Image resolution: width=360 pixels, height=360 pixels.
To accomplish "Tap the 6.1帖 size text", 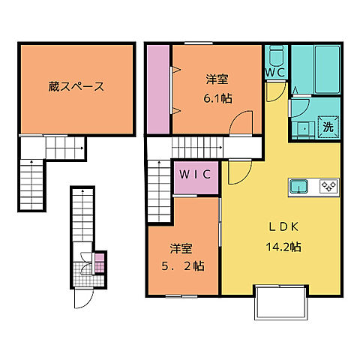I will [x=217, y=99].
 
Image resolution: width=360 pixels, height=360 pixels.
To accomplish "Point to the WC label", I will [x=274, y=73].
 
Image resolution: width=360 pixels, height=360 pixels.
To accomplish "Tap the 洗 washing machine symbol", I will [x=328, y=127].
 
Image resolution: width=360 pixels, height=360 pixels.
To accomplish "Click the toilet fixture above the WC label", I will [x=275, y=55].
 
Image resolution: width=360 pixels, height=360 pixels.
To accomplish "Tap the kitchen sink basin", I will [x=298, y=187].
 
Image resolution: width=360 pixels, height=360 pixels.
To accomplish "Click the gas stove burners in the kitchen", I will [x=328, y=187].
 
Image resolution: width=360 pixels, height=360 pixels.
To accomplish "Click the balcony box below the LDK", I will [x=280, y=303].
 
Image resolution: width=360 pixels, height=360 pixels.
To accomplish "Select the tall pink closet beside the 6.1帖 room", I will [x=159, y=88].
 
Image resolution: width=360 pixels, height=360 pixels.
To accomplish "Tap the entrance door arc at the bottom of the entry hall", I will [x=82, y=299].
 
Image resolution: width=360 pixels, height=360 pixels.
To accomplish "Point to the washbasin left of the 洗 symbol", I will [x=304, y=128].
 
